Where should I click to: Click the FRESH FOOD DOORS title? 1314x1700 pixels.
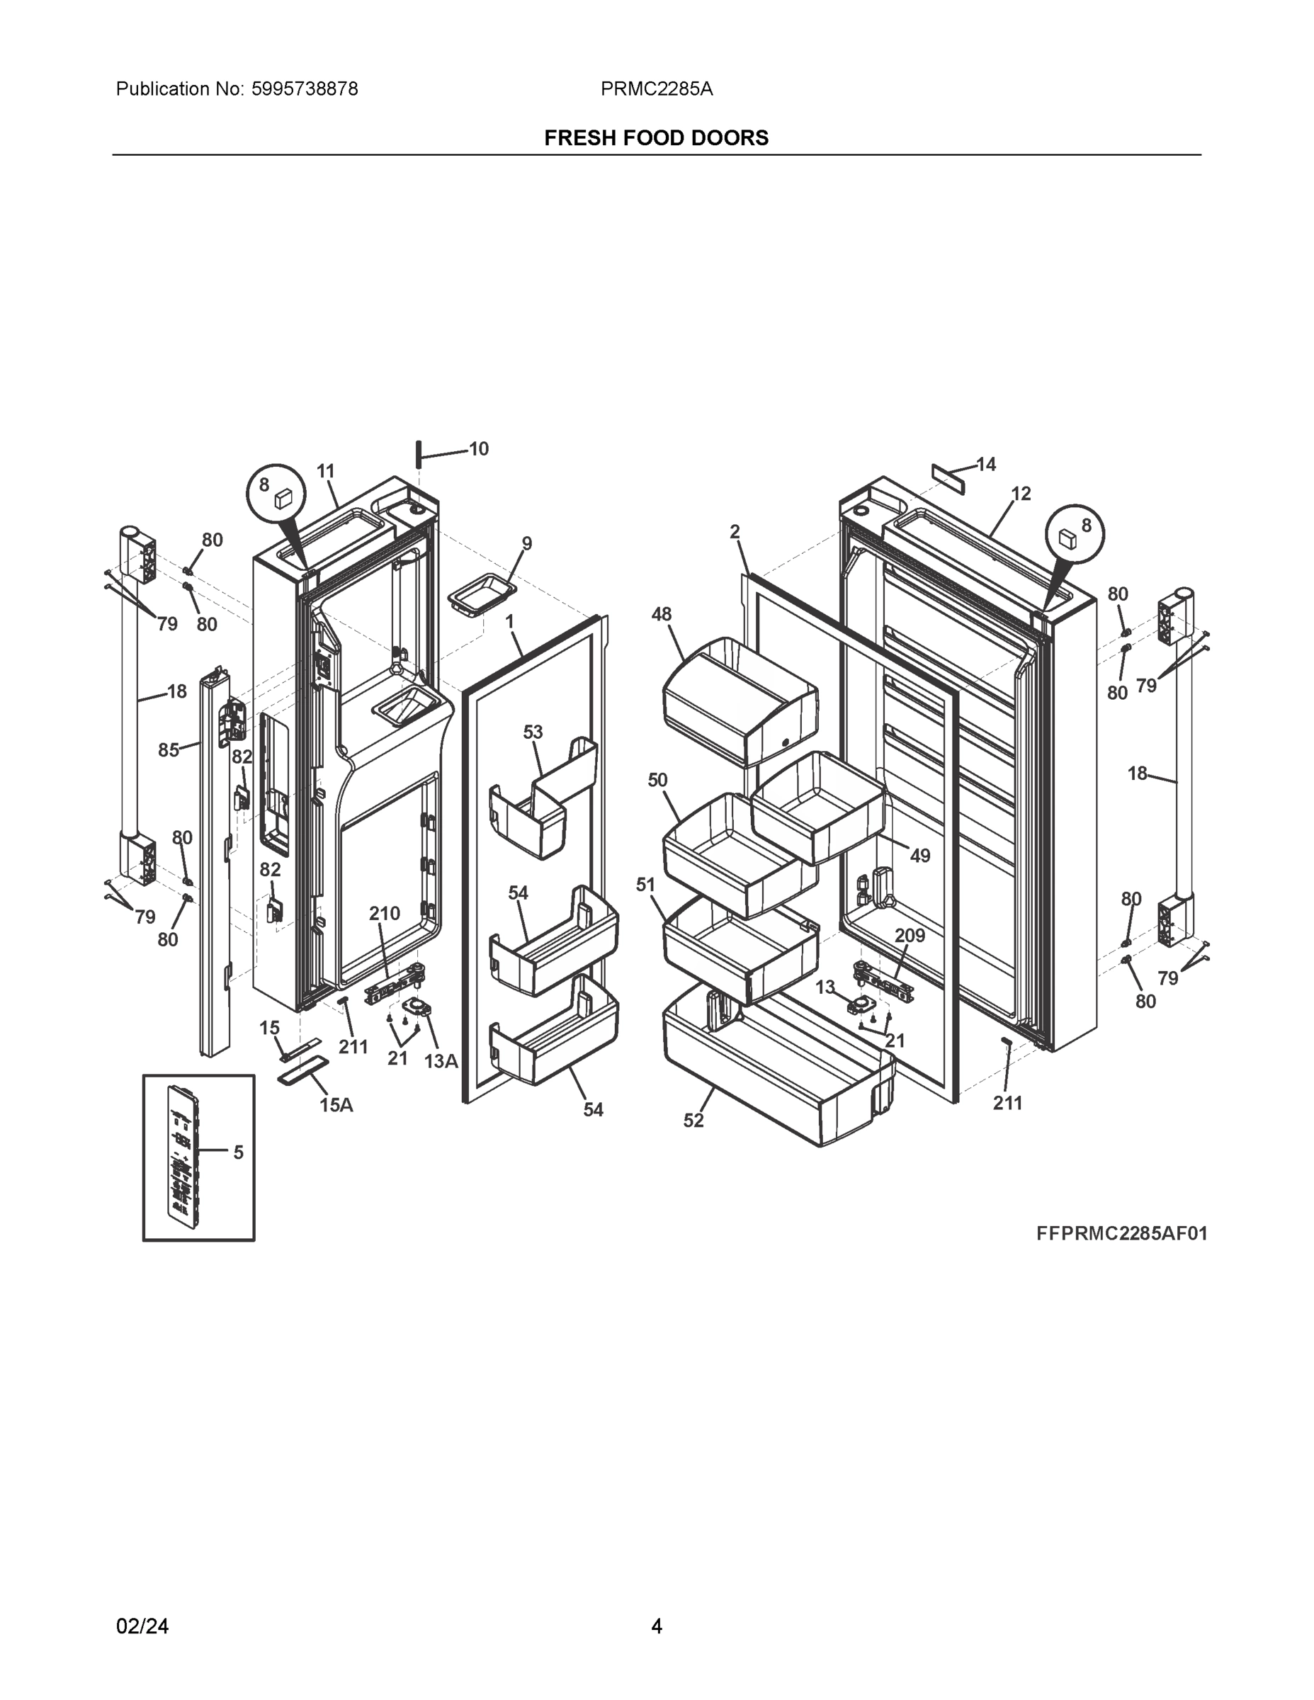tap(656, 138)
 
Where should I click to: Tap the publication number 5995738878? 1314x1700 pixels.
tap(305, 89)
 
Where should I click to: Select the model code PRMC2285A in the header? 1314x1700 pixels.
tap(656, 89)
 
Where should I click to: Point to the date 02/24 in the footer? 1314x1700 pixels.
tap(142, 1626)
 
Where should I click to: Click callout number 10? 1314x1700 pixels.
tap(479, 449)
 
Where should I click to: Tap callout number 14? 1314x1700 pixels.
tap(986, 465)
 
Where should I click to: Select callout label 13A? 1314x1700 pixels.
tap(441, 1061)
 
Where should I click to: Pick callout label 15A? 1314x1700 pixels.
tap(336, 1104)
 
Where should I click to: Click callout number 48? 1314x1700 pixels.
tap(661, 614)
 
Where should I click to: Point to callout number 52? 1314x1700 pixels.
tap(693, 1120)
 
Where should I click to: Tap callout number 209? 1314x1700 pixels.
tap(910, 935)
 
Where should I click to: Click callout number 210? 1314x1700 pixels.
tap(385, 913)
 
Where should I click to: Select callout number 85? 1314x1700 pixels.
tap(168, 749)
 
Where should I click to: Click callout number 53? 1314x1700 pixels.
tap(533, 732)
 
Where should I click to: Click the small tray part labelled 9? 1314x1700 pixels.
tap(482, 597)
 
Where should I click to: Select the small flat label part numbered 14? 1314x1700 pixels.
tap(948, 479)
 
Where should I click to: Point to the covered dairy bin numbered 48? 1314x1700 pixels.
tap(740, 697)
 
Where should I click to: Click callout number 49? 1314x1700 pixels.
tap(920, 856)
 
